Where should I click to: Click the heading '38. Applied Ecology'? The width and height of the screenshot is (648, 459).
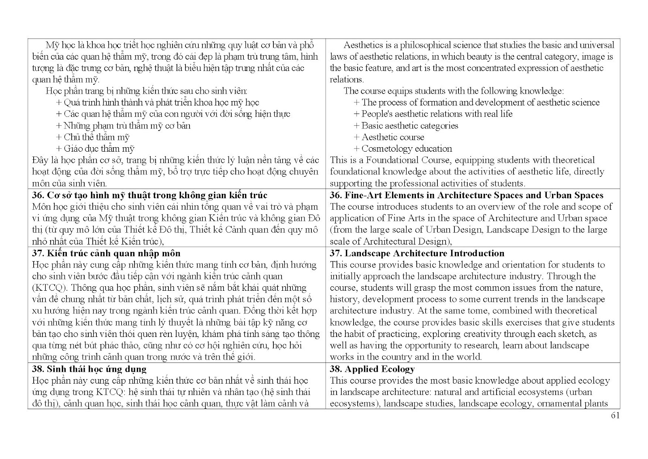click(372, 369)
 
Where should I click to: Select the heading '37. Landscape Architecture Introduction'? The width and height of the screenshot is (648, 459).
click(417, 253)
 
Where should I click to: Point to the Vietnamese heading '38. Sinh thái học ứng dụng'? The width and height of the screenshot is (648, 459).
click(89, 369)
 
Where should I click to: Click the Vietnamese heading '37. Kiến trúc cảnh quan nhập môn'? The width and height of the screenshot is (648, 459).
click(106, 253)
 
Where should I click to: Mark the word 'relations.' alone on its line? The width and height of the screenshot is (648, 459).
click(347, 80)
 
